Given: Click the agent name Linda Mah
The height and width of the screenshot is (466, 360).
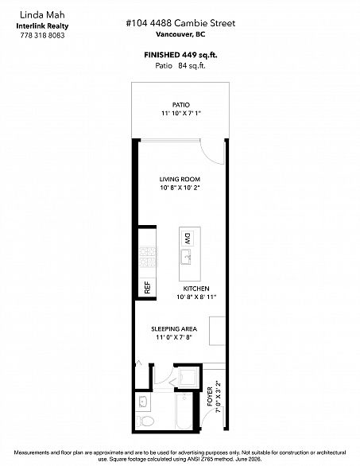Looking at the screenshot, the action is coord(42,15).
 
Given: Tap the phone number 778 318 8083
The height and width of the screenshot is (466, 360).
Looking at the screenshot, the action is coord(42,35).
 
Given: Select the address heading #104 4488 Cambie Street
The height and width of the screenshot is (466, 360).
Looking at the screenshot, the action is coord(180,23).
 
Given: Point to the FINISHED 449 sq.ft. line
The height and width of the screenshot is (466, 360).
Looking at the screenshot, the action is coord(180,55).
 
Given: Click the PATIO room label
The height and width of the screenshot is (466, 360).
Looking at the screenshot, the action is coord(181,105).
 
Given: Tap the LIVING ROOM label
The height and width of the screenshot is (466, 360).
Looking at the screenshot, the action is coord(180,179).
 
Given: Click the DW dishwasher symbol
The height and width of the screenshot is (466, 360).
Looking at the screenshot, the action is coord(188,239).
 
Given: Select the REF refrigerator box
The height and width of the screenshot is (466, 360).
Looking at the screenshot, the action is coord(147,287).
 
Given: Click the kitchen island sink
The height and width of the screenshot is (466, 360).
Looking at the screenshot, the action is coord(186,257).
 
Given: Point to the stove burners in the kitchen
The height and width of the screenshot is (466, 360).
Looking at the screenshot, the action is coord(148,257).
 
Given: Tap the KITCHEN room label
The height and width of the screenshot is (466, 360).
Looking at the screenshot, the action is coord(196,289).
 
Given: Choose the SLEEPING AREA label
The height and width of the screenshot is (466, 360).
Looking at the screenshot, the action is coord(174,329).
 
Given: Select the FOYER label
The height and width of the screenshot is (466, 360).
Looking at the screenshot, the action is coord(210,397).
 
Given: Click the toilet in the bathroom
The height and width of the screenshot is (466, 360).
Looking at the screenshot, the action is coord(145,421).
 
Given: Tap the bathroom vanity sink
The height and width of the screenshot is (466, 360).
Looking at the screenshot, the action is coord(144,402).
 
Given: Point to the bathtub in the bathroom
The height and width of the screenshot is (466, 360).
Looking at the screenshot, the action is coord(184,411).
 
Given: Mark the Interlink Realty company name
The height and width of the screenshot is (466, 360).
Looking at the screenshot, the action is coord(42,26).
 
